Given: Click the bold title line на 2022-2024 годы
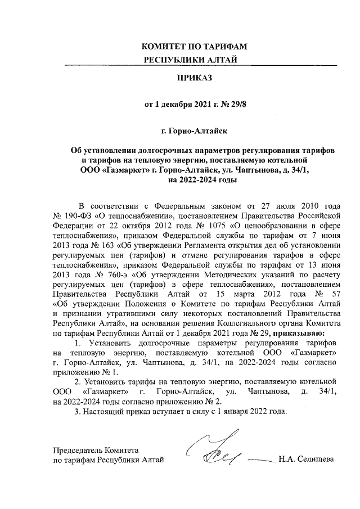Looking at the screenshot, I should tap(194, 180).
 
